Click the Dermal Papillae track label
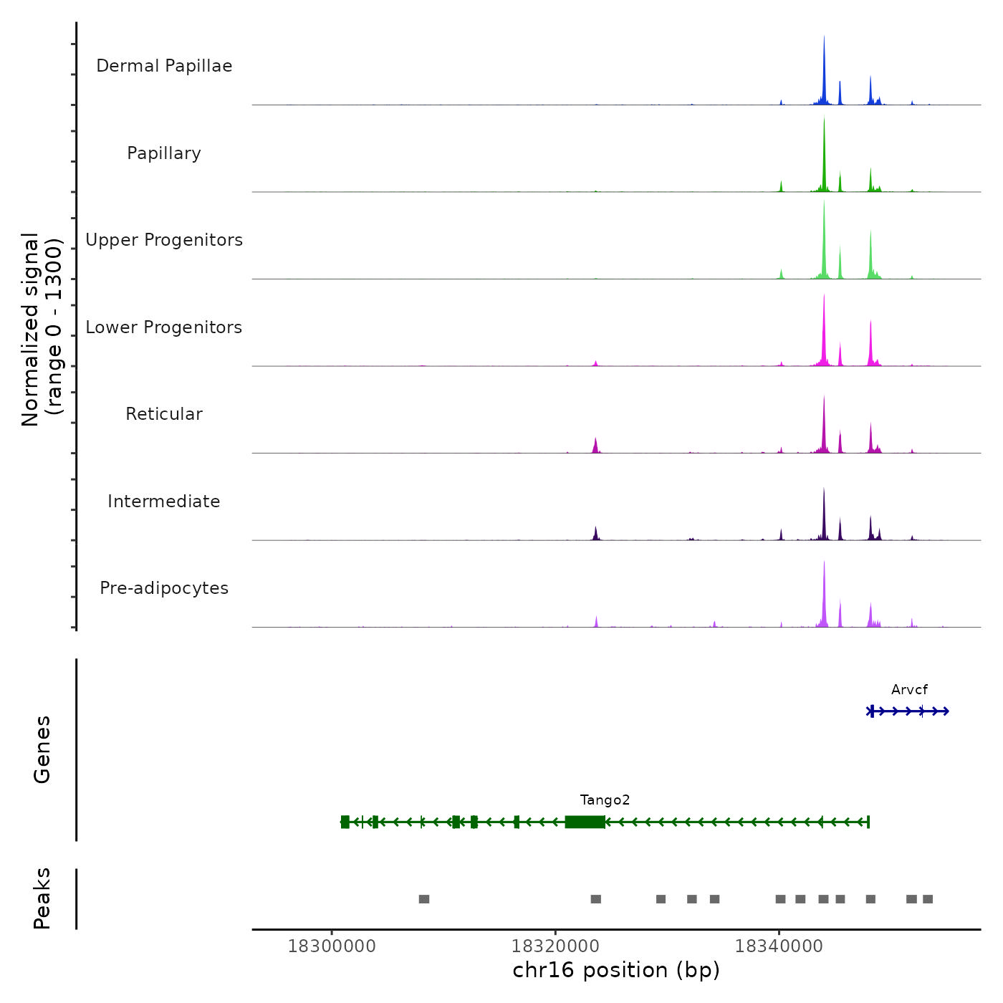[x=164, y=66]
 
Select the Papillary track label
[x=164, y=153]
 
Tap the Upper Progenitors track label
[x=164, y=240]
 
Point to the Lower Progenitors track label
[x=164, y=327]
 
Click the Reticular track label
[x=164, y=414]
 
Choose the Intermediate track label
[x=164, y=501]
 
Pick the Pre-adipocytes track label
[x=164, y=588]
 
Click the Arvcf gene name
[x=909, y=690]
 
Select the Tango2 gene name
[x=605, y=800]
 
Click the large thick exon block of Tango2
[x=585, y=822]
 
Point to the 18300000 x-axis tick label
[x=332, y=946]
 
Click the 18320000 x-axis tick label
[x=555, y=946]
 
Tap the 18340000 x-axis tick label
[x=779, y=946]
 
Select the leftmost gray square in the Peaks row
[x=424, y=899]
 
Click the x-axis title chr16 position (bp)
[x=616, y=971]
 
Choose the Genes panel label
[x=42, y=749]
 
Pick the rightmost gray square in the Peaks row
[x=928, y=899]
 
